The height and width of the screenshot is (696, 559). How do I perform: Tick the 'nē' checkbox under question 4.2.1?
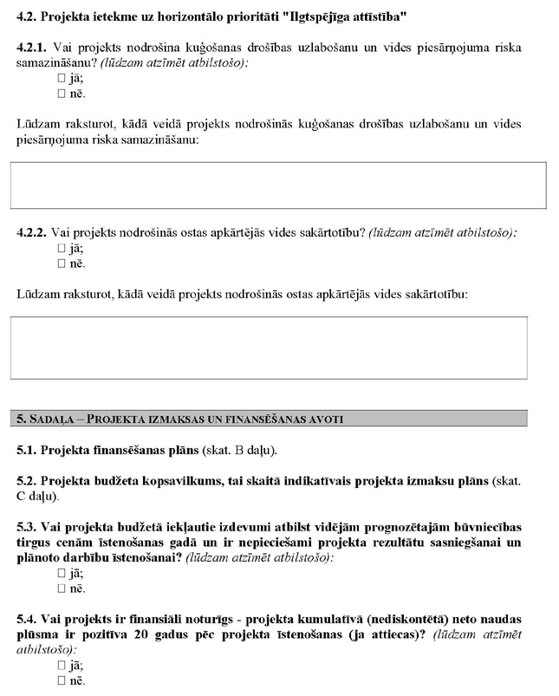click(x=62, y=94)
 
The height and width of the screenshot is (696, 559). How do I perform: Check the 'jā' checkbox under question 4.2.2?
click(x=62, y=249)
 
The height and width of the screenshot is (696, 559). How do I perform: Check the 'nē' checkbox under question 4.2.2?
click(x=62, y=263)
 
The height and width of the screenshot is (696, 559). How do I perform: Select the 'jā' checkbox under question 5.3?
click(x=62, y=574)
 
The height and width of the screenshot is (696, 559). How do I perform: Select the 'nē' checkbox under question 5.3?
click(x=62, y=589)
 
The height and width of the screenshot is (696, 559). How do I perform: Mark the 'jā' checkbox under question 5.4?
click(x=62, y=666)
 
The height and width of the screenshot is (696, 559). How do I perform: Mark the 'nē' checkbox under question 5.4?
click(x=62, y=681)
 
